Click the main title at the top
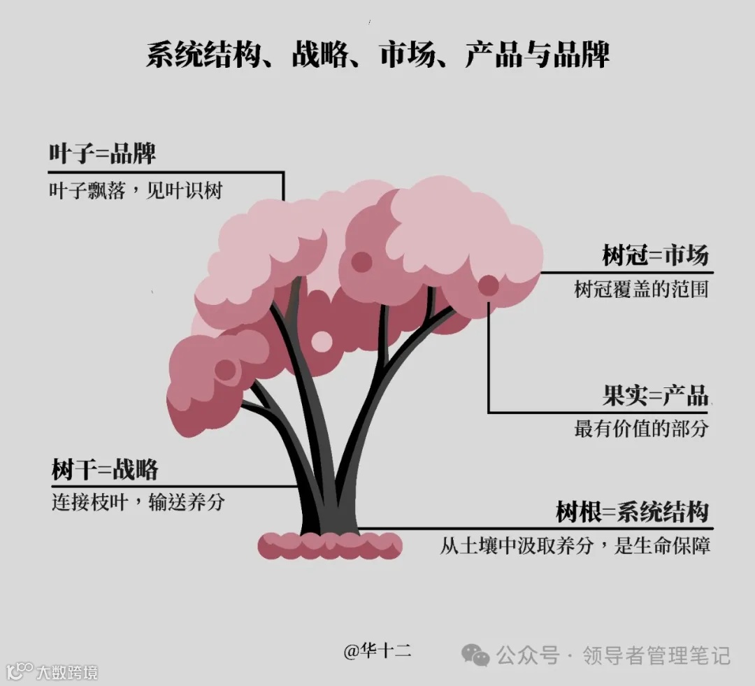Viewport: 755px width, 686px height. [377, 55]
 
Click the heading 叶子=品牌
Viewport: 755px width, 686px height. [102, 154]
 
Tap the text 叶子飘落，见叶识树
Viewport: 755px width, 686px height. [136, 191]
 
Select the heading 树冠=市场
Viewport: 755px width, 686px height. [655, 256]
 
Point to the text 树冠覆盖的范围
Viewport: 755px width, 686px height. [641, 289]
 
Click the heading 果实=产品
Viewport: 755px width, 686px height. [655, 396]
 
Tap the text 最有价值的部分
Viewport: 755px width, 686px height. [641, 429]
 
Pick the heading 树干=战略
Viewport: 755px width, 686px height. [105, 469]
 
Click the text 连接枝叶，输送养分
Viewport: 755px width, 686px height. [138, 502]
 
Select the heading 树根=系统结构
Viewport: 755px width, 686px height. [633, 512]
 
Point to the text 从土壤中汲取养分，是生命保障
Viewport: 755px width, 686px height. [575, 545]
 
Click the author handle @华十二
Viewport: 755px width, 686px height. [377, 651]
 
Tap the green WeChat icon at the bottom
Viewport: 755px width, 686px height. [476, 655]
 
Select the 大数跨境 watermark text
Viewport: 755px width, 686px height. [67, 673]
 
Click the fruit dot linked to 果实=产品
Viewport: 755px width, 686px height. [488, 285]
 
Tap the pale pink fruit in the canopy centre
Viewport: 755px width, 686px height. [322, 341]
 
